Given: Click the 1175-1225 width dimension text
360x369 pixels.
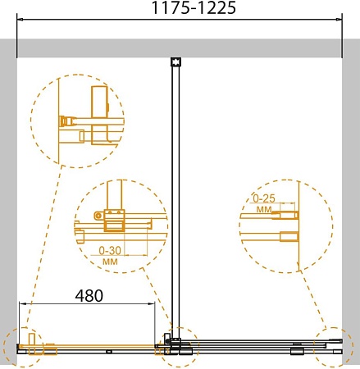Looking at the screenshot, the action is [194, 7].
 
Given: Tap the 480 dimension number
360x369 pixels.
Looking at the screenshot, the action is [89, 295].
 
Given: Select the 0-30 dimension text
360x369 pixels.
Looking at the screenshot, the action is [110, 250].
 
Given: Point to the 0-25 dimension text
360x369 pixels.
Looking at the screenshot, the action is [264, 198].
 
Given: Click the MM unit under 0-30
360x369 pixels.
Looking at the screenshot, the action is [110, 262].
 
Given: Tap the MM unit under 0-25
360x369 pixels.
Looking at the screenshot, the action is [264, 210].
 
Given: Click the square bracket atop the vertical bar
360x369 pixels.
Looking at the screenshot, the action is [175, 61].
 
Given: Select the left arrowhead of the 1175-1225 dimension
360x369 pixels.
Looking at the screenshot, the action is [20, 20].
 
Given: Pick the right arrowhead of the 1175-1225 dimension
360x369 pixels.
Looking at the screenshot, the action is [339, 20].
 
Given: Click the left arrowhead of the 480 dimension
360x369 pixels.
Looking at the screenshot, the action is [22, 303].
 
